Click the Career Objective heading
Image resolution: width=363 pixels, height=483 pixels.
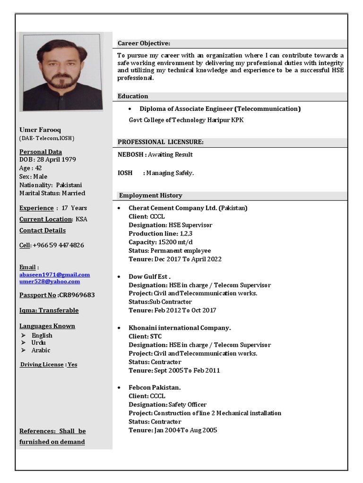144,43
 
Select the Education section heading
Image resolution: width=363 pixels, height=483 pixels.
133,96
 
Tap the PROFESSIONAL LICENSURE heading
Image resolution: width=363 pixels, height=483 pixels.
160,142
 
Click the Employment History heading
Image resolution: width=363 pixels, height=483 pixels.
150,195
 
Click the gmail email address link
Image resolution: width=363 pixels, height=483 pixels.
54,275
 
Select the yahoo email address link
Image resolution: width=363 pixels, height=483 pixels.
50,282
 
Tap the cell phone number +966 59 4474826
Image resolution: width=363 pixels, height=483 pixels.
58,245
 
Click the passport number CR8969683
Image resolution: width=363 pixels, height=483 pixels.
77,295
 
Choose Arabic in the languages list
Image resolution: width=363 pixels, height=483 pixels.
41,350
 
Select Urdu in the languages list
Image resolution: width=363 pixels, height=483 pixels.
38,343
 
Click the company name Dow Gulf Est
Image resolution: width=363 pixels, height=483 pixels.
149,277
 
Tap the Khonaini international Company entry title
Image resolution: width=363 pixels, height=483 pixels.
180,328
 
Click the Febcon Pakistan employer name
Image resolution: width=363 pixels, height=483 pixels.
155,388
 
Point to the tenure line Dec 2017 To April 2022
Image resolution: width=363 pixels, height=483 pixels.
188,259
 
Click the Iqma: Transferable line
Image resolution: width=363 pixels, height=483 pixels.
49,310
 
